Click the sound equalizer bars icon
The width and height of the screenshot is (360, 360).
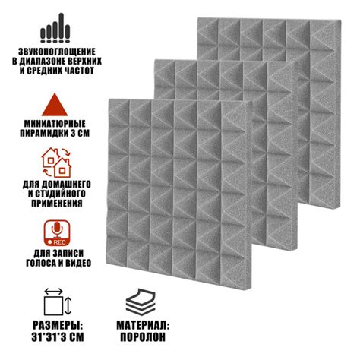point(55,27)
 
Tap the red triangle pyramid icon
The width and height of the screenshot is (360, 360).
point(55,105)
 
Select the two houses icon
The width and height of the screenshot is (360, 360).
point(57,163)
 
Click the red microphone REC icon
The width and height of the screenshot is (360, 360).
point(57,233)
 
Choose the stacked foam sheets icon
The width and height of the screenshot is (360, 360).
point(141,302)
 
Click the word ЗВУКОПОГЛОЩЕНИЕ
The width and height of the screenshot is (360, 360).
point(57,52)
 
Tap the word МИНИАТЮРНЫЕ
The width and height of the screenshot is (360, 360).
point(55,124)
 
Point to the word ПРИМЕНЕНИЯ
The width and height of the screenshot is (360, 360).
point(57,203)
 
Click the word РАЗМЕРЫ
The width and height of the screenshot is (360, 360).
point(58,325)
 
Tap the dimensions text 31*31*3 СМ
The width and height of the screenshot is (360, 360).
point(58,337)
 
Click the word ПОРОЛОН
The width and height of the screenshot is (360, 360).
point(143,337)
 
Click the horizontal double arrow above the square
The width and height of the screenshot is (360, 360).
point(53,291)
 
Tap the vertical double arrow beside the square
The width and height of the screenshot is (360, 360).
point(68,306)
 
